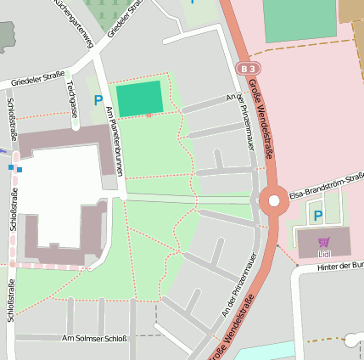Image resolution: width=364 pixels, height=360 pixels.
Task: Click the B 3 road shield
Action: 246,67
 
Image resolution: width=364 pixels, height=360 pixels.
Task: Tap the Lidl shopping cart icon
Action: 323,242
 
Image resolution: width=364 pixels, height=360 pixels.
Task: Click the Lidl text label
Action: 323,252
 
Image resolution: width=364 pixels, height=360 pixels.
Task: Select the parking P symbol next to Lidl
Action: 318,216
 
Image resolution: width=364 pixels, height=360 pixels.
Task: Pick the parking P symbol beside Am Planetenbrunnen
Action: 98,100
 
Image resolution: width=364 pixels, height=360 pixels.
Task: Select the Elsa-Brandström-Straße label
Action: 327,186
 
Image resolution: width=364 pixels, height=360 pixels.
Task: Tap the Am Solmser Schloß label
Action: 94,338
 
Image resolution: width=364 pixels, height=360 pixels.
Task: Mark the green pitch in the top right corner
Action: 299,20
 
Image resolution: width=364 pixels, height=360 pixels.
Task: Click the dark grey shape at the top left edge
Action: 7,36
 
